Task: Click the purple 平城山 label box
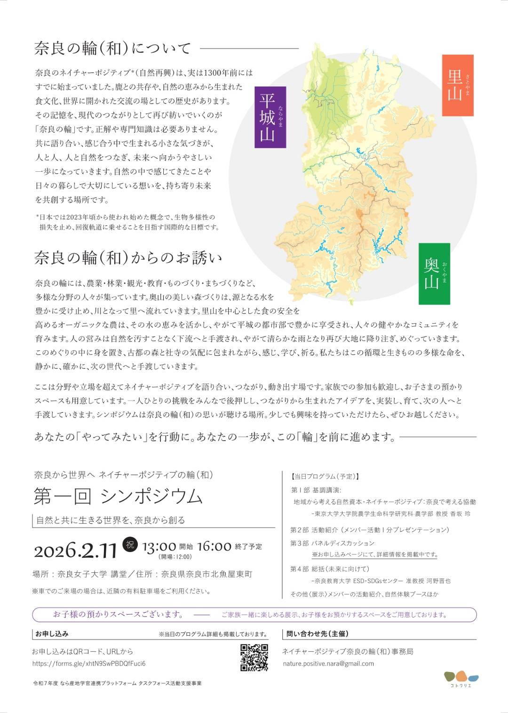coord(270,117)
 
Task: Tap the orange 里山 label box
coord(457,85)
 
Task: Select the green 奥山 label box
coord(434,273)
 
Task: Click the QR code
coord(254,657)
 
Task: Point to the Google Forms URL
coord(89,664)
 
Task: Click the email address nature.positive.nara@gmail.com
coord(328,664)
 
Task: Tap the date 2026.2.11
coord(75,550)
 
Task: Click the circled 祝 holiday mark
coord(129,545)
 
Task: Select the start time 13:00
coord(159,547)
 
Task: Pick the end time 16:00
coord(214,546)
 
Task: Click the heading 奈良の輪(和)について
coord(113,48)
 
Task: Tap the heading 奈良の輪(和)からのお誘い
coord(128,257)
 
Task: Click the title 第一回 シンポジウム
coord(118,496)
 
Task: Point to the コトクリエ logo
coord(461,679)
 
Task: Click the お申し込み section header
coord(52,634)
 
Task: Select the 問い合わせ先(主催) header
coord(317,634)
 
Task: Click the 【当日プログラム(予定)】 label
coord(325,476)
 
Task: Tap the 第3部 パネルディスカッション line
coord(333,543)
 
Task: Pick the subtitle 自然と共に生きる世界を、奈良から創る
coord(111,520)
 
